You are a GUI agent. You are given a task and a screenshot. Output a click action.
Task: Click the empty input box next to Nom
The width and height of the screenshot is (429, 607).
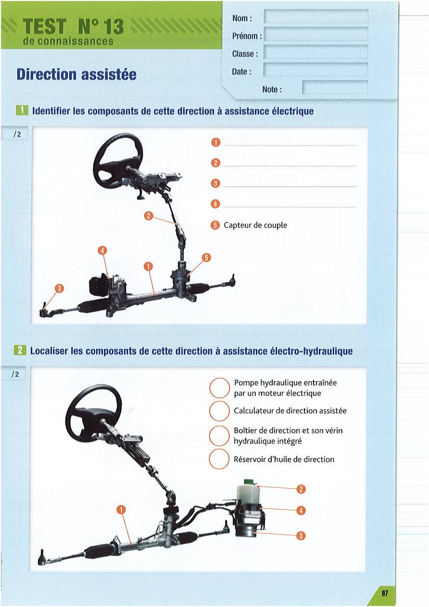pyautogui.click(x=316, y=16)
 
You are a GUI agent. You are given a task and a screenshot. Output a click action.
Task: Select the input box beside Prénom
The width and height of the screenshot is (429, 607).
pyautogui.click(x=316, y=34)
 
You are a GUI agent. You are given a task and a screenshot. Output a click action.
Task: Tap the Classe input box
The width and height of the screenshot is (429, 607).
pyautogui.click(x=316, y=52)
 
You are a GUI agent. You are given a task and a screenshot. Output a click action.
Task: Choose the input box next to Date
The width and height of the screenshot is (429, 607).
pyautogui.click(x=316, y=70)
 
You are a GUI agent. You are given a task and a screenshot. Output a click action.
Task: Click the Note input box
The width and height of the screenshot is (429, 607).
pyautogui.click(x=335, y=87)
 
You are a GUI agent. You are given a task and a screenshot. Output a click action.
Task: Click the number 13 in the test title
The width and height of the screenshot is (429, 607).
pyautogui.click(x=110, y=27)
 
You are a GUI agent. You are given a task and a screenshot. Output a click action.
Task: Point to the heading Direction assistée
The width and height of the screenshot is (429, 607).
pyautogui.click(x=76, y=74)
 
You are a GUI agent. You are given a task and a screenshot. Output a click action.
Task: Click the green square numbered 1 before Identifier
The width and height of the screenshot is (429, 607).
pyautogui.click(x=22, y=111)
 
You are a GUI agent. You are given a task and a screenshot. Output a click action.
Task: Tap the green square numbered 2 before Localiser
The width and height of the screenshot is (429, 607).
pyautogui.click(x=20, y=350)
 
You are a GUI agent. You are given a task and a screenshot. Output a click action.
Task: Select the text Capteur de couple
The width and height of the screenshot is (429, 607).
pyautogui.click(x=255, y=225)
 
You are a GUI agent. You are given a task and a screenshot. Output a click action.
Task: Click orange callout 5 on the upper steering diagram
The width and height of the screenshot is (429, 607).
pyautogui.click(x=206, y=258)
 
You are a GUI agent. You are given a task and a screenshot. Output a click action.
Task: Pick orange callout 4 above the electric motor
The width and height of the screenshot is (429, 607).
pyautogui.click(x=102, y=251)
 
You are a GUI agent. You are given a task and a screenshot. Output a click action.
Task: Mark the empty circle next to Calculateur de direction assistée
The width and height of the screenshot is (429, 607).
pyautogui.click(x=219, y=411)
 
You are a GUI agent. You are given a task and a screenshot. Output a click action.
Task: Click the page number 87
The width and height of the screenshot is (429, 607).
pyautogui.click(x=385, y=593)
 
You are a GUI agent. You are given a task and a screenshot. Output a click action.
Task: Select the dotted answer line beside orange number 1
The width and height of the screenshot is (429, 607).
pyautogui.click(x=290, y=146)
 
